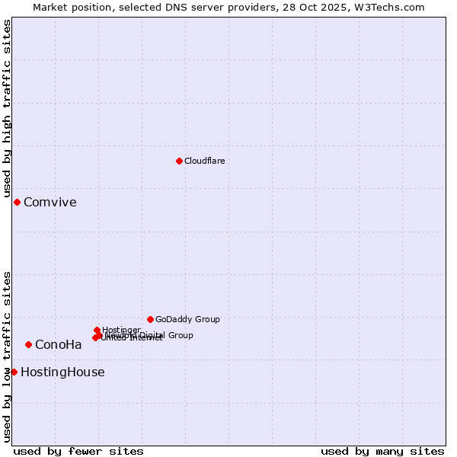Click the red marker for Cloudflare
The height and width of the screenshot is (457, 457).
click(179, 161)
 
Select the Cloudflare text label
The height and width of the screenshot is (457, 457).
click(204, 161)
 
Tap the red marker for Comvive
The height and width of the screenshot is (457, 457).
click(17, 202)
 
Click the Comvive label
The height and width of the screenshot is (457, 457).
click(50, 202)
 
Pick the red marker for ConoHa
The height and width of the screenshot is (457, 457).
click(28, 344)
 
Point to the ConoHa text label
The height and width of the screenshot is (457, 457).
click(58, 344)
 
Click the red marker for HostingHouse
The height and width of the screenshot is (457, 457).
click(14, 372)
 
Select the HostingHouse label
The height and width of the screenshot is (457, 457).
click(62, 372)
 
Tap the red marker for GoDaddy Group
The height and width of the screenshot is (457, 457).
click(150, 319)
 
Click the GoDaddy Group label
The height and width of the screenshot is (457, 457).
click(187, 319)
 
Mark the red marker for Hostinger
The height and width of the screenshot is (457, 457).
click(97, 330)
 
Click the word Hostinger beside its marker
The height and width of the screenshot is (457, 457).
click(121, 330)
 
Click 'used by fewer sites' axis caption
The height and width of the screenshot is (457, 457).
click(78, 451)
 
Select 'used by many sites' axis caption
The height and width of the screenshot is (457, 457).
click(382, 451)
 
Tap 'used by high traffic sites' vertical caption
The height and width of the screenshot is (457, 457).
click(8, 109)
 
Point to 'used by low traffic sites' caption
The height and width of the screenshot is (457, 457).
click(8, 356)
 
